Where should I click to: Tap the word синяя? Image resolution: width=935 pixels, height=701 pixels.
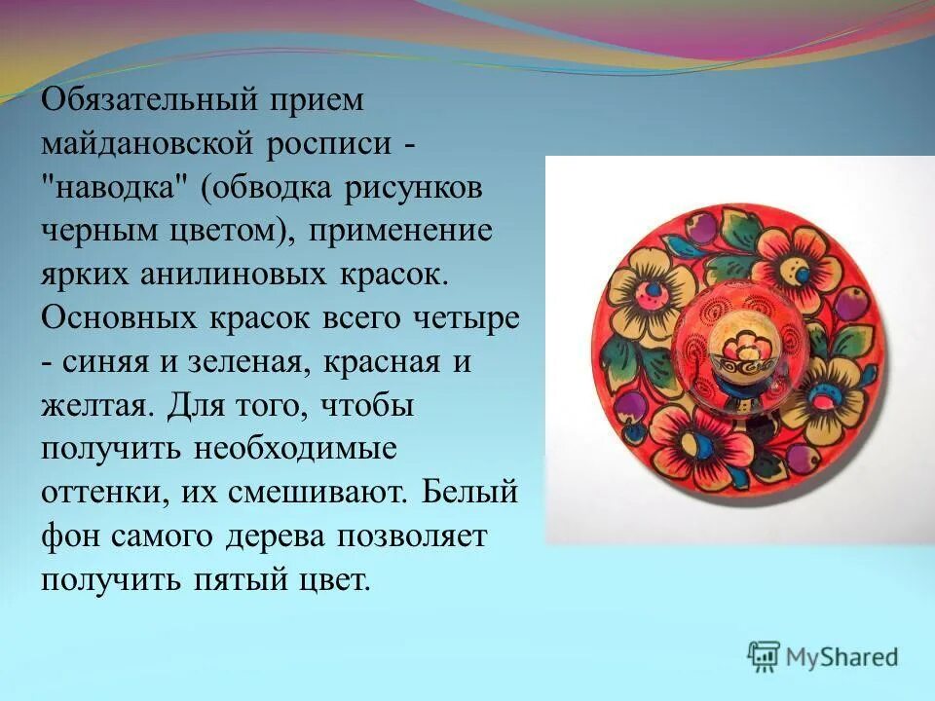[x=108, y=363]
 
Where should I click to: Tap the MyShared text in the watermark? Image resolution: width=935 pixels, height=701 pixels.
[x=842, y=657]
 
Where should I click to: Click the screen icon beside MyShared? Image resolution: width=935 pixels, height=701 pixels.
[x=764, y=656]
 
